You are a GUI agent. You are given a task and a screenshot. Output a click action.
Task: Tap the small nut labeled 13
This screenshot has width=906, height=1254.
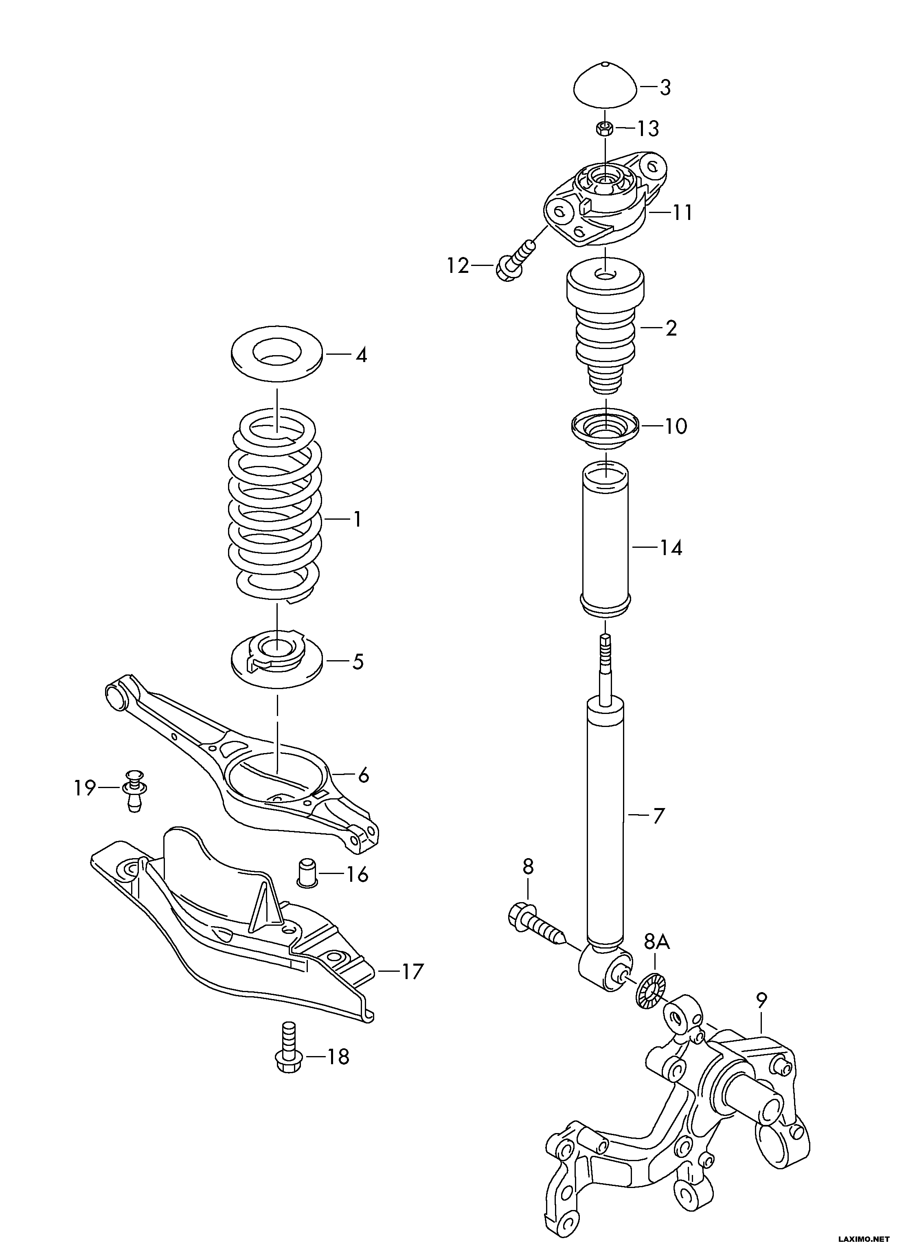605,128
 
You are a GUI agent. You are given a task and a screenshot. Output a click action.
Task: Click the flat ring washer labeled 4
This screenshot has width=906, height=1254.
277,356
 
